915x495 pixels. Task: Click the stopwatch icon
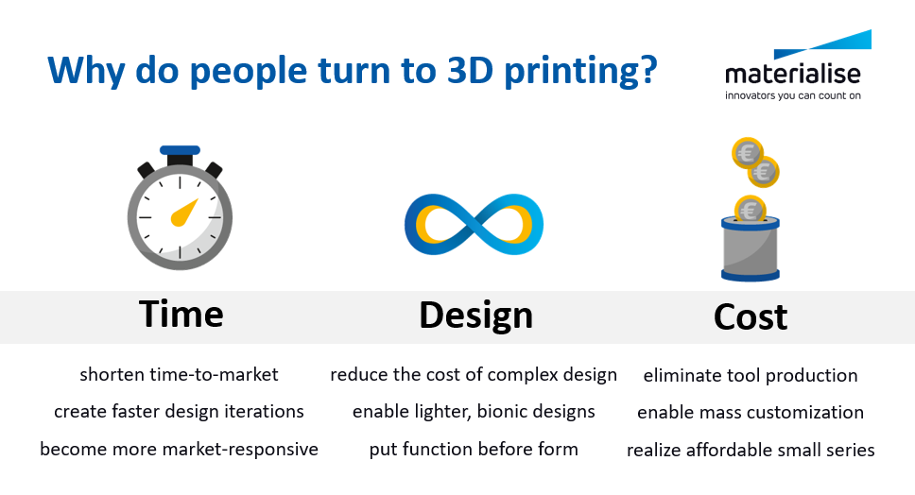(180, 213)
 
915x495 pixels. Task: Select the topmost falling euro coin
(747, 152)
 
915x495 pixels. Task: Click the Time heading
(181, 314)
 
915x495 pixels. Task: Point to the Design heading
(475, 316)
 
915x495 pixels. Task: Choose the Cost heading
(751, 316)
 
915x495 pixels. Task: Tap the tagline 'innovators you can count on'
(792, 94)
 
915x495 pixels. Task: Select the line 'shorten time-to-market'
(179, 375)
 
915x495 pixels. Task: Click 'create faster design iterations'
(179, 412)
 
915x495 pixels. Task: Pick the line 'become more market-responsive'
(179, 449)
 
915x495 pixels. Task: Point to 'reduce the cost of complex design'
(474, 375)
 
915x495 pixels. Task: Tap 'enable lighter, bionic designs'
(474, 412)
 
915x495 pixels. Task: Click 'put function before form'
(474, 449)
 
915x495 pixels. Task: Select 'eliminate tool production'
(751, 376)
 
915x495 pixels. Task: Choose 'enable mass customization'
(751, 413)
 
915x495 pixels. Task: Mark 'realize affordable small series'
(751, 450)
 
